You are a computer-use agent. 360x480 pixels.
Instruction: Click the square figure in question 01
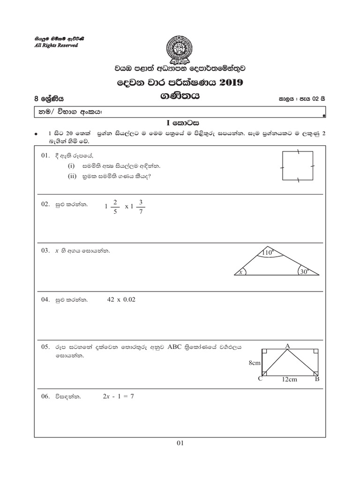[x=298, y=166]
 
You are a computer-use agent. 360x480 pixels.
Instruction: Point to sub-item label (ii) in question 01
[x=72, y=176]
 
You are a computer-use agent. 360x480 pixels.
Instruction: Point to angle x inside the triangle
[x=240, y=271]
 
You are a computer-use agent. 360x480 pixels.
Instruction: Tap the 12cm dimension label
[x=290, y=380]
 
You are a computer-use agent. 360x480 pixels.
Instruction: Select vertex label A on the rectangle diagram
[x=288, y=345]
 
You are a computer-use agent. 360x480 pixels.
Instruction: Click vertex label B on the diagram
[x=317, y=379]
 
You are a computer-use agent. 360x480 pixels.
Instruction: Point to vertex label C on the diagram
[x=260, y=379]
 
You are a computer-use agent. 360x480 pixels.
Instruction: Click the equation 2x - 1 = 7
[x=119, y=396]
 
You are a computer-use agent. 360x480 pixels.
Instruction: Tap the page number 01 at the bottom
[x=180, y=442]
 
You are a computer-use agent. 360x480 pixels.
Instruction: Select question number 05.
[x=45, y=347]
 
